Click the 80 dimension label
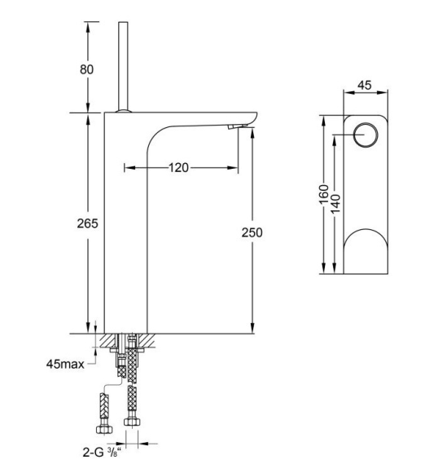[x=86, y=69]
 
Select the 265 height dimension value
[x=87, y=223]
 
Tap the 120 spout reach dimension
[x=178, y=167]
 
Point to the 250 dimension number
[x=252, y=232]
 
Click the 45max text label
[x=65, y=364]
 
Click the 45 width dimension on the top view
[x=365, y=86]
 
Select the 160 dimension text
[x=323, y=195]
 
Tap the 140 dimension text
[x=335, y=204]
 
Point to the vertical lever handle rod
[x=123, y=66]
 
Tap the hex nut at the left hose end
[x=104, y=429]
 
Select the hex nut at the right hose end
[x=132, y=422]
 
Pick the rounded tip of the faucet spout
[x=255, y=118]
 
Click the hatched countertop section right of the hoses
[x=147, y=340]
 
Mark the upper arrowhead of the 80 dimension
[x=88, y=27]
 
